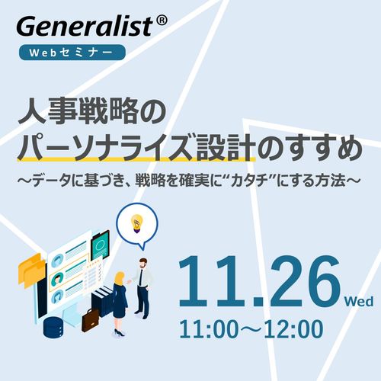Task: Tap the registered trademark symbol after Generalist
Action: point(162,23)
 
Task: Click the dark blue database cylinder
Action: point(54,327)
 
